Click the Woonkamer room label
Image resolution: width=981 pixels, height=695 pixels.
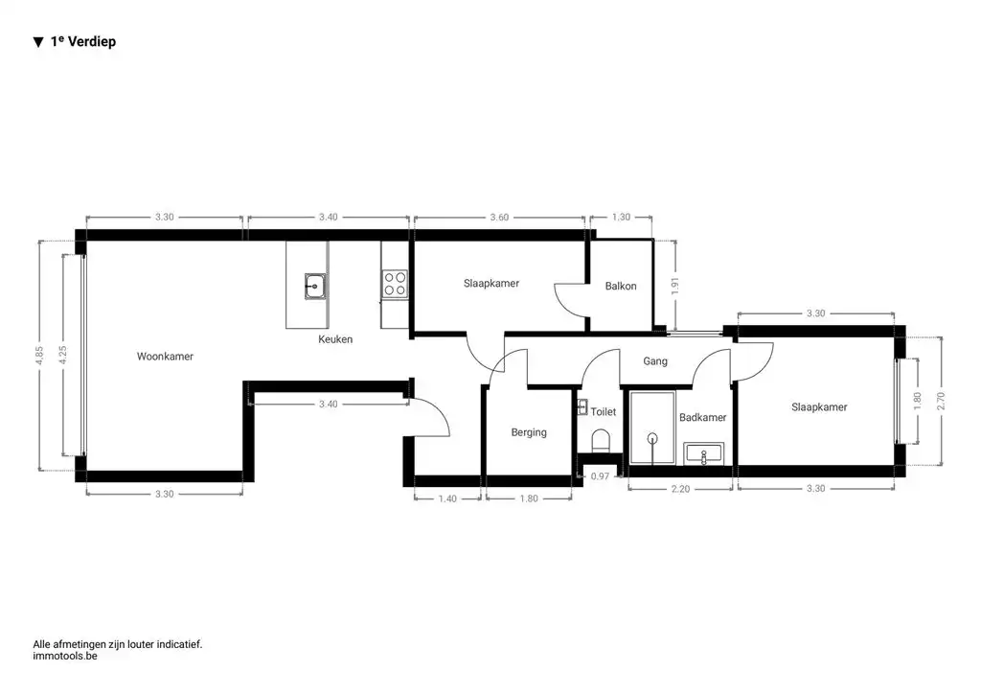pos(165,357)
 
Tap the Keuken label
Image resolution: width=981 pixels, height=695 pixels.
pos(335,339)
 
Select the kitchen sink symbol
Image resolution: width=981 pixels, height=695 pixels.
pos(314,285)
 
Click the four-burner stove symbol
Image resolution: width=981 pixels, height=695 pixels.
pos(395,284)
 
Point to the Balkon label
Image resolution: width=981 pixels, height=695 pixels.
pos(621,286)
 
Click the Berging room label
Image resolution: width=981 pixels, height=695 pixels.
pos(528,432)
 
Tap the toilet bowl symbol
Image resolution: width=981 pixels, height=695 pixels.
pos(602,440)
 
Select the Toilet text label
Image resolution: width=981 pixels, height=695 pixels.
pos(604,411)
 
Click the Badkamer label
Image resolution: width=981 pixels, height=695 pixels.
pos(702,418)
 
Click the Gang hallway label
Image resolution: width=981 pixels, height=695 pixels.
pos(655,361)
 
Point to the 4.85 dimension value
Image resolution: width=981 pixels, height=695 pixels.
pos(39,355)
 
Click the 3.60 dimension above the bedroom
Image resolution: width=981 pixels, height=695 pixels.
pos(498,218)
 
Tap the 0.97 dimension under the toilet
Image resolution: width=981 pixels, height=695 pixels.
pos(600,476)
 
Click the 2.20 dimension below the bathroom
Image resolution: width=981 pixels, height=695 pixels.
pos(679,489)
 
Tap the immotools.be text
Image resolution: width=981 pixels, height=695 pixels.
pos(66,657)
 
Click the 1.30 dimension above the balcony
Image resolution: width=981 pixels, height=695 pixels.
pos(621,218)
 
